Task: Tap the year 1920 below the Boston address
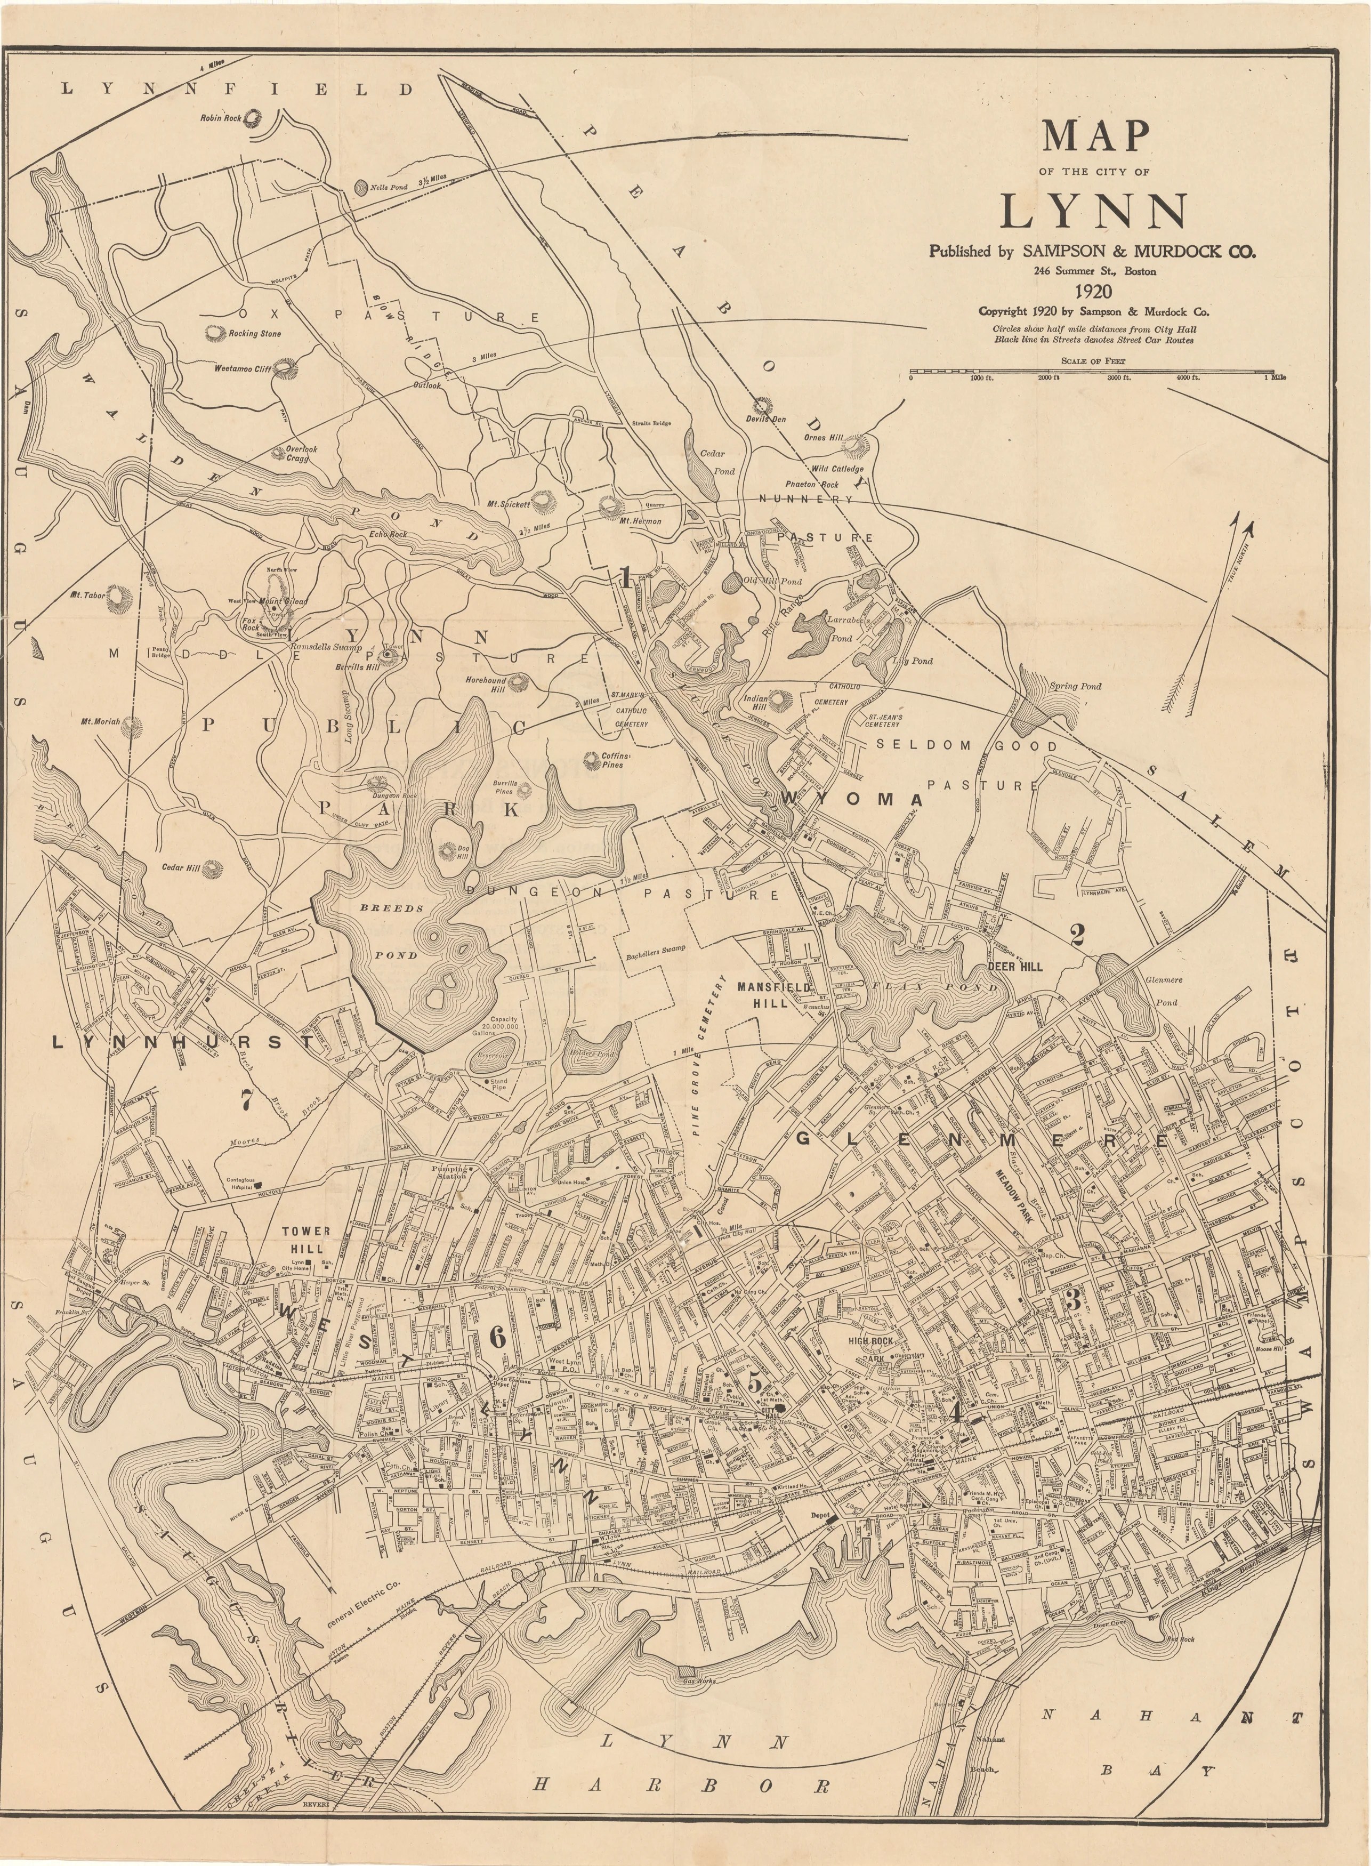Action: coord(1094,291)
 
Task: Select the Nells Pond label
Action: coord(389,188)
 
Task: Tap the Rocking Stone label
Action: coord(255,334)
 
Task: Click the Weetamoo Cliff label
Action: coord(243,368)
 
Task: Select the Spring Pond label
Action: coord(1076,687)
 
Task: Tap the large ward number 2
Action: coord(1077,936)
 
